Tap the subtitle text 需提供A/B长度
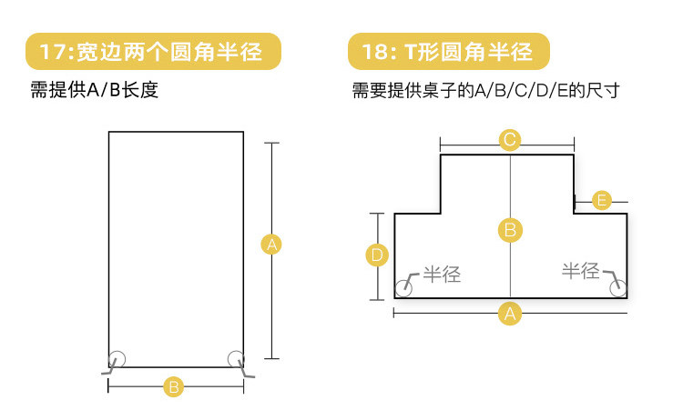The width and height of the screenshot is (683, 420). pos(94,92)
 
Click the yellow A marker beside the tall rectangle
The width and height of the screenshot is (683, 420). pos(270,244)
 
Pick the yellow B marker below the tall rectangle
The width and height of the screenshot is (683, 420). pos(174,386)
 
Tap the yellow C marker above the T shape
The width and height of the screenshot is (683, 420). pos(510,140)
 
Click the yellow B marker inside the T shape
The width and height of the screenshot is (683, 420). pos(510,230)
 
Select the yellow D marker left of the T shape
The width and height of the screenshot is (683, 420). pos(377,256)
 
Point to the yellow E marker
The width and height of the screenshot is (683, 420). pos(601,200)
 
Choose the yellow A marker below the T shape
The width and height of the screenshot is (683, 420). pos(510,314)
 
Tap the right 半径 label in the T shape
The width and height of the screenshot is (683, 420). pos(581,271)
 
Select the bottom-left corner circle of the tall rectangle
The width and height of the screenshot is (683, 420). pos(117,358)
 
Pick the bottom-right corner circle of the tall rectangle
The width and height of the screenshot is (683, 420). pos(236,358)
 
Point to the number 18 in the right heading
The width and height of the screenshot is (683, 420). pos(374,53)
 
